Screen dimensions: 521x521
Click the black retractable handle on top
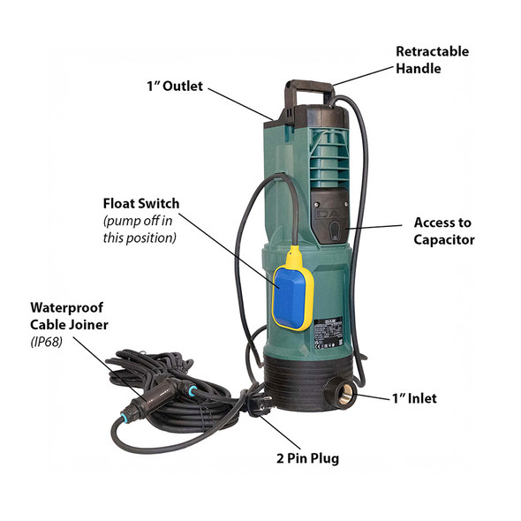click(306, 90)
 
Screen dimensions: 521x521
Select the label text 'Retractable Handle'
click(432, 58)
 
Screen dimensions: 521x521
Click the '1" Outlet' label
click(175, 87)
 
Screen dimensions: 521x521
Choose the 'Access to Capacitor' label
click(445, 230)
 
